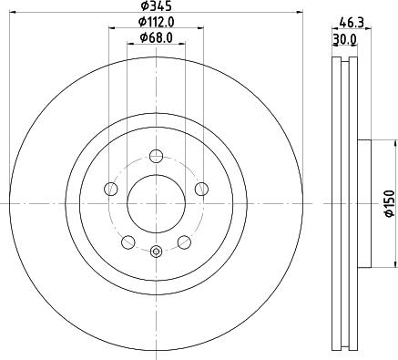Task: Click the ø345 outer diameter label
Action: (156, 6)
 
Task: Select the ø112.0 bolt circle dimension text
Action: (156, 22)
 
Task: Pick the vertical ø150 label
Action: (388, 202)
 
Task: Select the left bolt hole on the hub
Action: (111, 189)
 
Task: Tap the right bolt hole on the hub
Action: (200, 189)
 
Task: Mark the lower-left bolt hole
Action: (128, 242)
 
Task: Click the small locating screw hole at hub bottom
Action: (156, 252)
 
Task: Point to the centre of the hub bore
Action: (156, 202)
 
